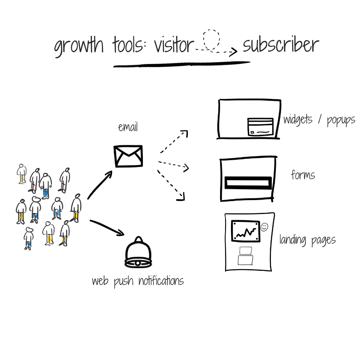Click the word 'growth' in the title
(79, 46)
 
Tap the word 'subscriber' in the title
(280, 45)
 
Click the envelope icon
(128, 156)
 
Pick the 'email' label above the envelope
(128, 127)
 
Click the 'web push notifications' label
(137, 281)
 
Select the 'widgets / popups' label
(319, 120)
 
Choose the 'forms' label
(303, 175)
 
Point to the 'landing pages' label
(307, 240)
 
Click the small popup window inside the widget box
(260, 127)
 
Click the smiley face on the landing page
(265, 226)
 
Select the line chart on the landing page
(245, 231)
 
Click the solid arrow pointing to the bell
(107, 227)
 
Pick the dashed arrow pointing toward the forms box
(174, 165)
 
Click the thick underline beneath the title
(181, 64)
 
